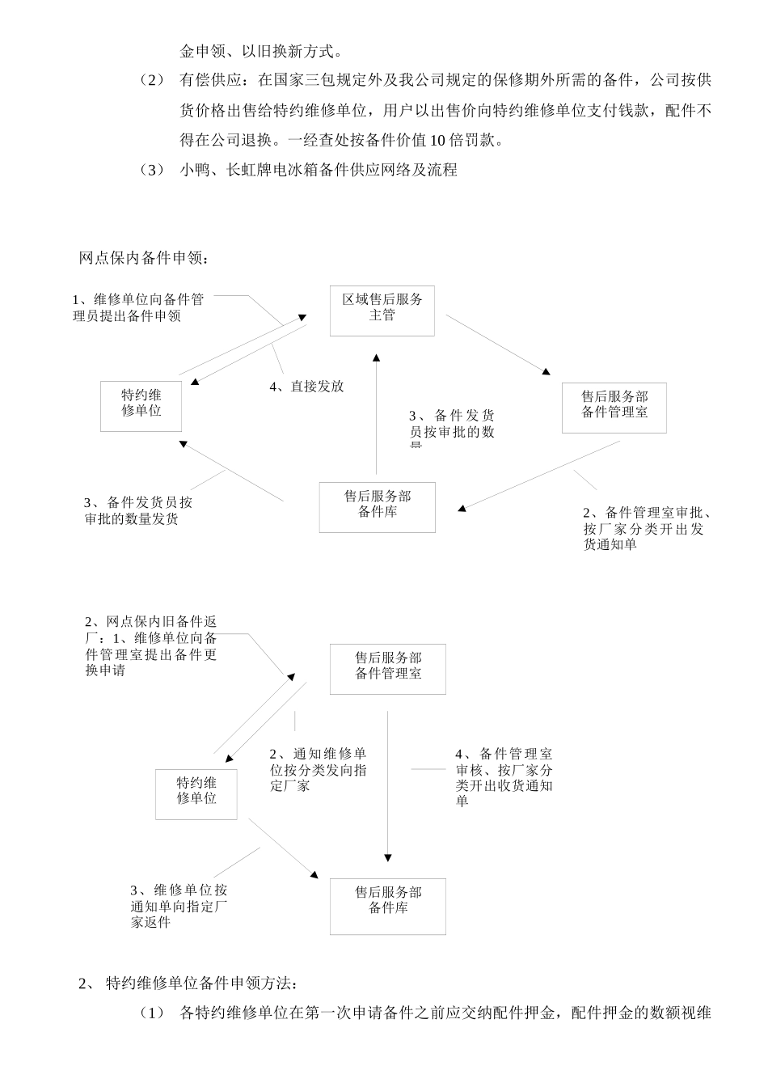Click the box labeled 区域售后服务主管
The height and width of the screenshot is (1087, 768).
click(382, 311)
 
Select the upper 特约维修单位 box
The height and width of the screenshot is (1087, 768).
click(141, 405)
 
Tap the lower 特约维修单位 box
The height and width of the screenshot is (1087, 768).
click(196, 793)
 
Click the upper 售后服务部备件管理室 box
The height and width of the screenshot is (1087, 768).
click(614, 408)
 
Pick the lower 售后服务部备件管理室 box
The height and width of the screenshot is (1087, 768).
click(387, 668)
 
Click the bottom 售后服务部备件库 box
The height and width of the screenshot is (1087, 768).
click(387, 906)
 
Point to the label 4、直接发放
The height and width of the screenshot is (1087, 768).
click(306, 387)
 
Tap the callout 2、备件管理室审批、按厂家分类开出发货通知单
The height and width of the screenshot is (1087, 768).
click(646, 528)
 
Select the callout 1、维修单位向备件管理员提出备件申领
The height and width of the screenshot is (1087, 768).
click(138, 308)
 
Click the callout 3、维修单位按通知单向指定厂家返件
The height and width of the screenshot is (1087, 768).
click(179, 906)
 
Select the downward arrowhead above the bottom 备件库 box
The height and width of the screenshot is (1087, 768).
click(388, 858)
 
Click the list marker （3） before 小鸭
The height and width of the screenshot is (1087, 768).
click(151, 170)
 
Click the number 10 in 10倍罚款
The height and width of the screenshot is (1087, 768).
click(437, 141)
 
